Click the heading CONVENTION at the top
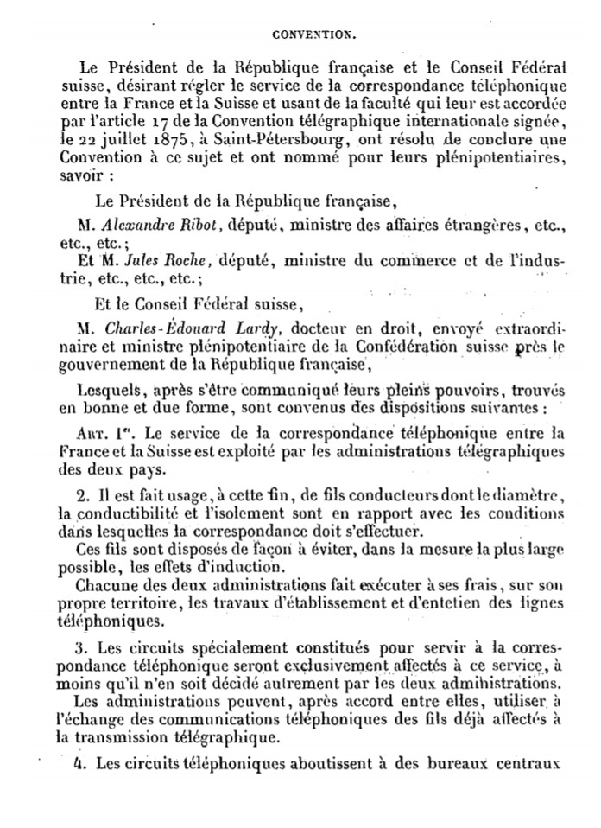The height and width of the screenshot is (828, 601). [314, 36]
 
